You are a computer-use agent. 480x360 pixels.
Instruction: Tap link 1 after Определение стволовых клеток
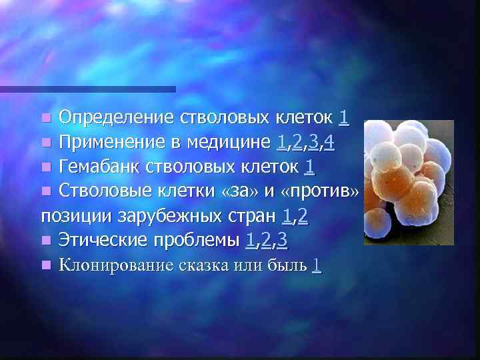343,118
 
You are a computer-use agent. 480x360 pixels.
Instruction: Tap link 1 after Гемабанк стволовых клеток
309,166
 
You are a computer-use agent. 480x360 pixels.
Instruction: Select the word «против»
321,191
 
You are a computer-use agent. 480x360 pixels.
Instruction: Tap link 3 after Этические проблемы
283,240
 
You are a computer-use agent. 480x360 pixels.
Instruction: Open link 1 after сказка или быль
316,265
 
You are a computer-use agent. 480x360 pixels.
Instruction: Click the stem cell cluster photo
408,181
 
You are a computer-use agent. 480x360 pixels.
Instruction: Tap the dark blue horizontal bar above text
87,89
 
